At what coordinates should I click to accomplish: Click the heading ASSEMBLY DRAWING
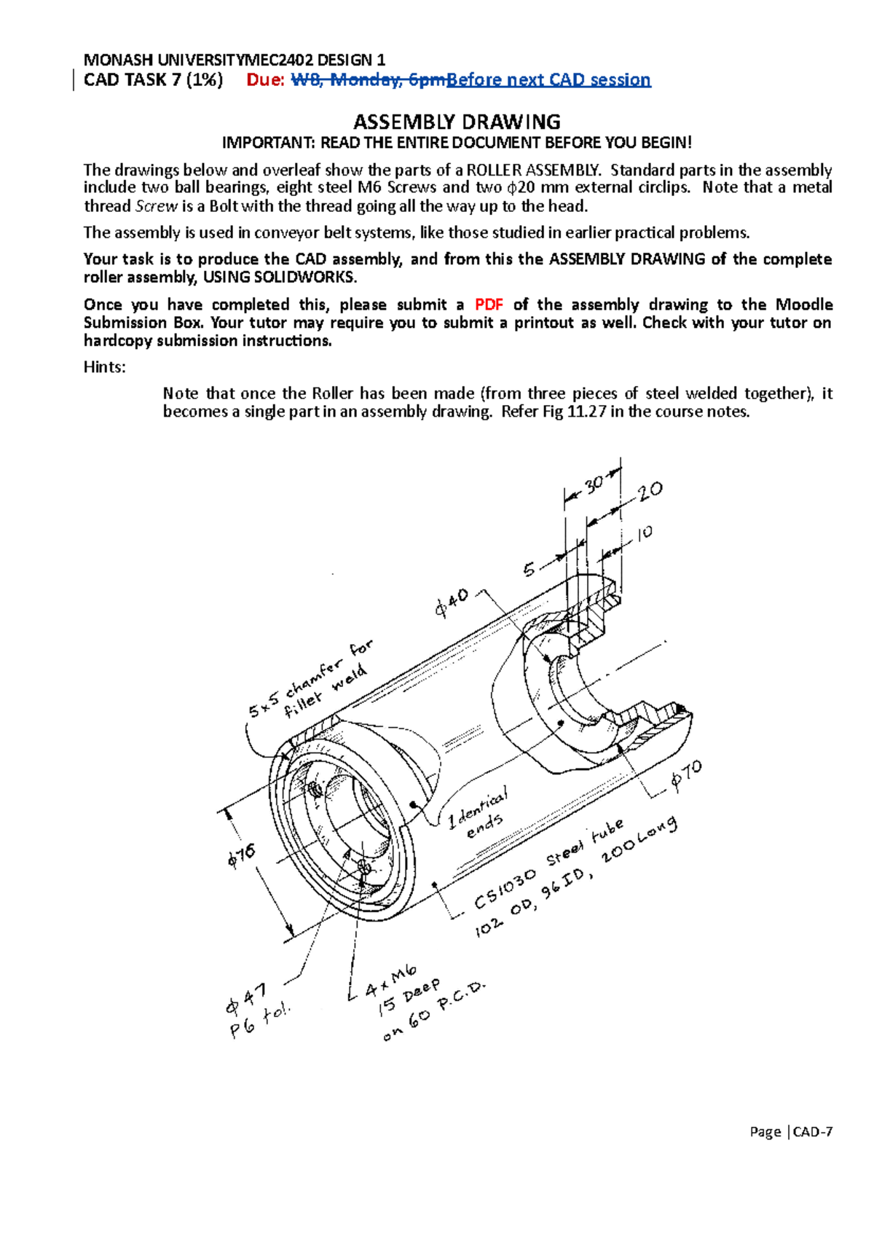coord(457,122)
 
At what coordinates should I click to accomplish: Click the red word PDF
coord(489,305)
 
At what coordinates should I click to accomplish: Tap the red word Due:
coord(266,80)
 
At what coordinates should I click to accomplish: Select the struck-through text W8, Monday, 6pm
coord(368,80)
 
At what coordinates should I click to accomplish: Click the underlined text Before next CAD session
coord(548,80)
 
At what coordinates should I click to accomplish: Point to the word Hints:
coord(105,367)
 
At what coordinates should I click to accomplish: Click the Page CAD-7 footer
coord(791,1131)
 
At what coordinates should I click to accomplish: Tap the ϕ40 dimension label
coord(452,602)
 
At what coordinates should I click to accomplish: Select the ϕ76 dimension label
coord(242,857)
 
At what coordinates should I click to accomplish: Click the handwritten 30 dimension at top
coord(594,484)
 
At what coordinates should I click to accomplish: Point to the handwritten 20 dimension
coord(650,492)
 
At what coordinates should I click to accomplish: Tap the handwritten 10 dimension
coord(645,533)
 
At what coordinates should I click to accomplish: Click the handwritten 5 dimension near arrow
coord(529,569)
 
